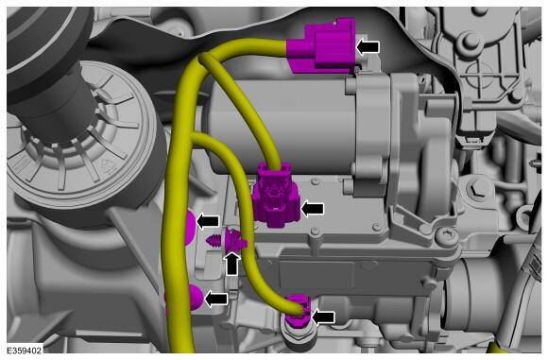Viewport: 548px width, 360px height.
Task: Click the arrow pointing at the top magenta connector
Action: [368, 47]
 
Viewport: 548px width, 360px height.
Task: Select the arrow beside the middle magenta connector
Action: [313, 209]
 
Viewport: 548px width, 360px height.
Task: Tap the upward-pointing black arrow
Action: [232, 264]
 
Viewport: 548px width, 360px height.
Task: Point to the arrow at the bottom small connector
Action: [323, 317]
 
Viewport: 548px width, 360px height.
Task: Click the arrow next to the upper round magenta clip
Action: [208, 222]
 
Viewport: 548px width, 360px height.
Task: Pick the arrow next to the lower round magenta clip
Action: [216, 300]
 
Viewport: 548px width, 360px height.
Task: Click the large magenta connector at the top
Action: [321, 46]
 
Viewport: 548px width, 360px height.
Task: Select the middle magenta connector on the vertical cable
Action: [276, 195]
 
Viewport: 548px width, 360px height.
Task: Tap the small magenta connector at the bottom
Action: [296, 310]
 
